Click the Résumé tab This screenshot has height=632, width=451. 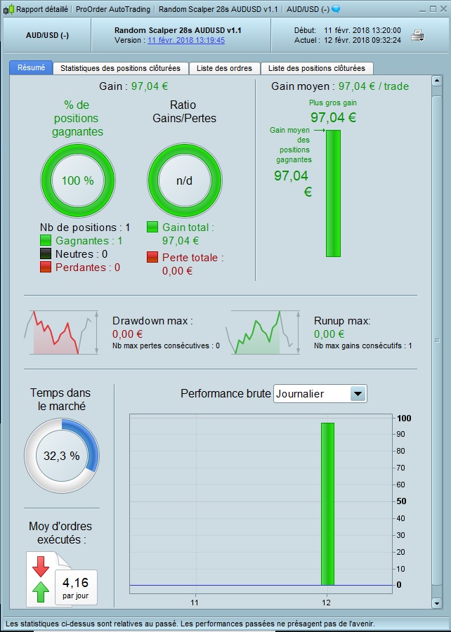pos(30,68)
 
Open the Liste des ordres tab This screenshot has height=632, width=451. pos(225,68)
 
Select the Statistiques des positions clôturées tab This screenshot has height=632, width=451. pos(120,68)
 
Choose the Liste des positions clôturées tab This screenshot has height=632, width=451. pos(316,68)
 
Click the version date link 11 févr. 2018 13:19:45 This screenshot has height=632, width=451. pos(186,41)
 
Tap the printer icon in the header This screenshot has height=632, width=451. pos(417,36)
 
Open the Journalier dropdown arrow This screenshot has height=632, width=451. pos(358,394)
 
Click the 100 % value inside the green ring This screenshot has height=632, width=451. pos(77,180)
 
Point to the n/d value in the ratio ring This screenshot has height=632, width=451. pos(184,180)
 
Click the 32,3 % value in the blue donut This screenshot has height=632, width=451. pos(62,456)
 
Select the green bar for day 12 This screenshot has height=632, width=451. pos(327,503)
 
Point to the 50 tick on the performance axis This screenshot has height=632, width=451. pos(401,501)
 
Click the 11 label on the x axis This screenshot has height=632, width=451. pos(195,603)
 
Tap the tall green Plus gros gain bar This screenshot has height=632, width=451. pos(333,193)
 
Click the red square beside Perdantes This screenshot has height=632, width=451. pos(46,268)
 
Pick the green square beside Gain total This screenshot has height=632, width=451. pos(152,228)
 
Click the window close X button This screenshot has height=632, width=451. pos(443,9)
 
